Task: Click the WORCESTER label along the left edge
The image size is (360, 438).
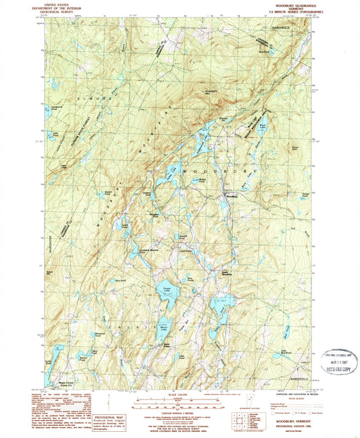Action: pyautogui.click(x=41, y=238)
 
